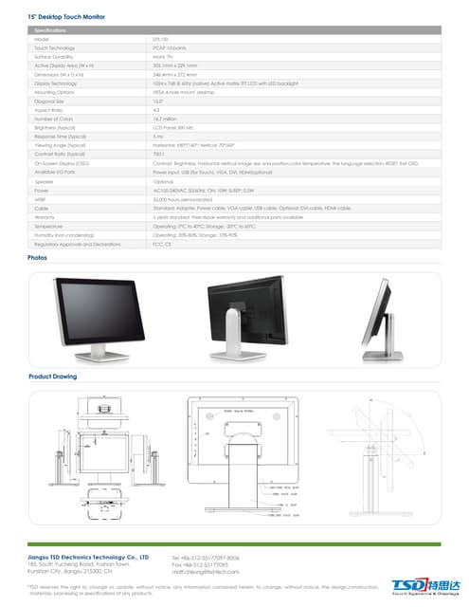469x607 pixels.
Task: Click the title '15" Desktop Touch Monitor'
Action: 65,17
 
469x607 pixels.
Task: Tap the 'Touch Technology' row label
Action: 55,46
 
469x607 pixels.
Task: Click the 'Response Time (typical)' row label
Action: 61,137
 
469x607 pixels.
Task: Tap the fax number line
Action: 199,565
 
